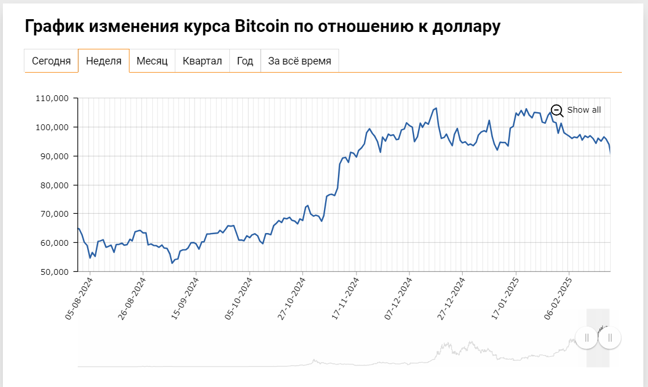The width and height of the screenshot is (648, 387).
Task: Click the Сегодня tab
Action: pyautogui.click(x=51, y=61)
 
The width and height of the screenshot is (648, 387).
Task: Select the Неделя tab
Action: pyautogui.click(x=103, y=61)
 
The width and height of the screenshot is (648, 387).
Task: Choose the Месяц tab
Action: pyautogui.click(x=152, y=61)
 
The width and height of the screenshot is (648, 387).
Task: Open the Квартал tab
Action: pyautogui.click(x=202, y=61)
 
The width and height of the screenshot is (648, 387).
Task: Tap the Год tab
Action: pyautogui.click(x=245, y=61)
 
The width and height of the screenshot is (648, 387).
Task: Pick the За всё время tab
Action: pyautogui.click(x=300, y=61)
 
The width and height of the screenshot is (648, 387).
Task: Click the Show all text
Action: pyautogui.click(x=584, y=110)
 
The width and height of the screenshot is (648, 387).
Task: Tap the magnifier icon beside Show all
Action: pyautogui.click(x=557, y=110)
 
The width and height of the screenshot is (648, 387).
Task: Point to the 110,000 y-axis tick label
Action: pyautogui.click(x=56, y=98)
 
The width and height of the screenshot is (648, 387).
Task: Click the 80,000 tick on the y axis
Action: pyautogui.click(x=59, y=185)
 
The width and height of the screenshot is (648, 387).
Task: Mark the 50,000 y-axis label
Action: pyautogui.click(x=59, y=271)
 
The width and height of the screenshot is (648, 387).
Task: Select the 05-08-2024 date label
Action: pyautogui.click(x=80, y=298)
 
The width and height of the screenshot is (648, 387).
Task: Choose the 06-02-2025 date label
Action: pyautogui.click(x=559, y=298)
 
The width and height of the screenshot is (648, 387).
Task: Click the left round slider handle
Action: pyautogui.click(x=586, y=338)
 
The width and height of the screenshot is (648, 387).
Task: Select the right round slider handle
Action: pyautogui.click(x=610, y=338)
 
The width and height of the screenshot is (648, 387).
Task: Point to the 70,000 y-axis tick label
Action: pyautogui.click(x=59, y=214)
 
